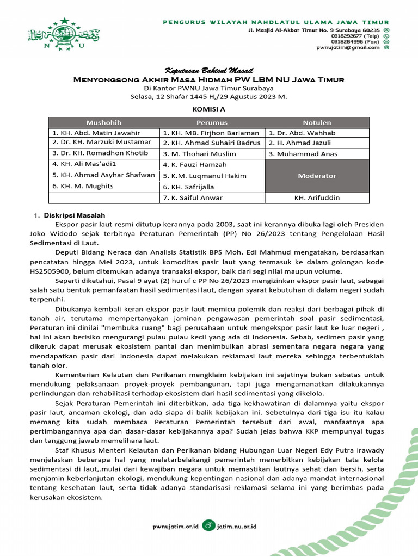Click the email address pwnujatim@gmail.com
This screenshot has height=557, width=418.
click(x=348, y=47)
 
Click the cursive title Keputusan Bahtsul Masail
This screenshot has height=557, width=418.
click(x=208, y=71)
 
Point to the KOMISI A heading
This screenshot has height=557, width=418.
click(x=208, y=109)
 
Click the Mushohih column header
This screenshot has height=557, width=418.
click(x=103, y=122)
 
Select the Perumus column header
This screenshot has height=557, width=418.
click(x=212, y=122)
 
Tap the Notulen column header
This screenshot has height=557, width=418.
click(x=317, y=122)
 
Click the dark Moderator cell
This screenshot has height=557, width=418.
click(x=317, y=176)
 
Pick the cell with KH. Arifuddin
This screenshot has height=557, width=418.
click(x=317, y=197)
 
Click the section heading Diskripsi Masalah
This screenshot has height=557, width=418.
click(x=83, y=215)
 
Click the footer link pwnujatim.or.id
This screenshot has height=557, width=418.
click(x=175, y=526)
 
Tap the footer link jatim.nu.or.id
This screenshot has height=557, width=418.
click(x=237, y=526)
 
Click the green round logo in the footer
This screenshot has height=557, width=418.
click(x=208, y=525)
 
